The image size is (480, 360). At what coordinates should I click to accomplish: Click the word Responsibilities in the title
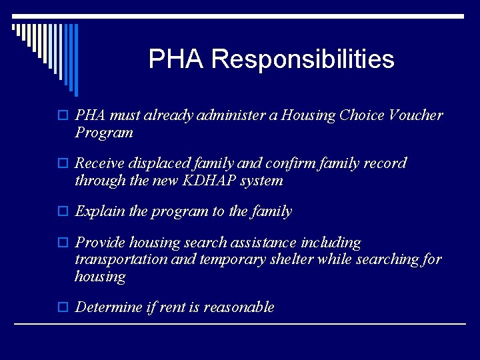tap(303, 59)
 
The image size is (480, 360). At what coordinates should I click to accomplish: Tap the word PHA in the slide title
tap(177, 59)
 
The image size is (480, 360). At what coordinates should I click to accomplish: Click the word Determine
tap(109, 307)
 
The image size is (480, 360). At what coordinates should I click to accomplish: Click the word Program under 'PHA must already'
tap(104, 132)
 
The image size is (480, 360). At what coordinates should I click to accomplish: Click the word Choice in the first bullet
tap(361, 115)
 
